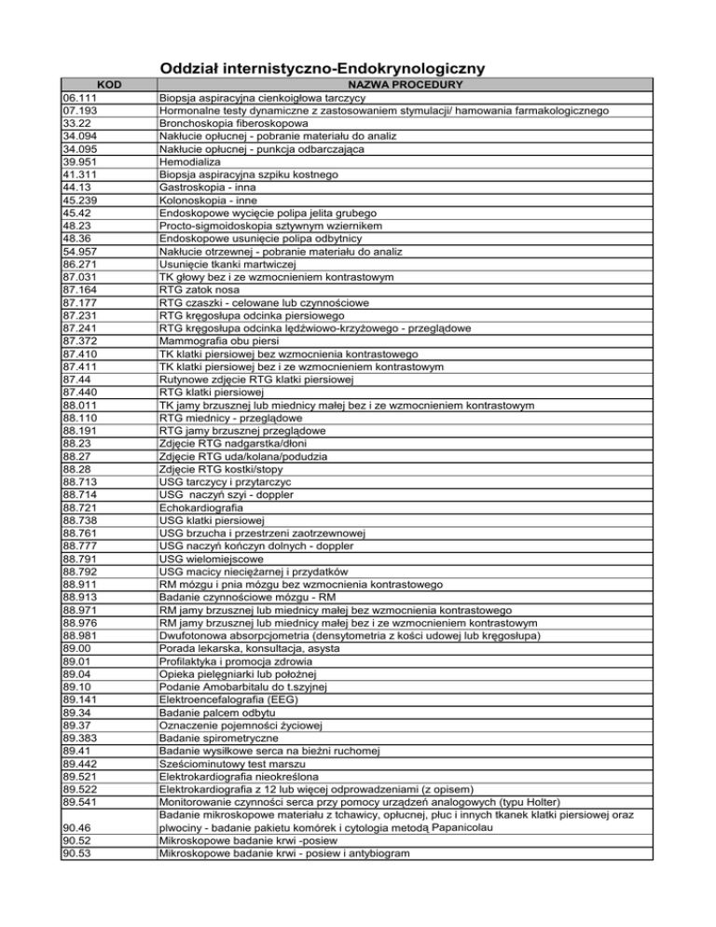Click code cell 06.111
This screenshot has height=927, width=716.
(x=79, y=98)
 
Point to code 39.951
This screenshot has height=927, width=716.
(x=79, y=174)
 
